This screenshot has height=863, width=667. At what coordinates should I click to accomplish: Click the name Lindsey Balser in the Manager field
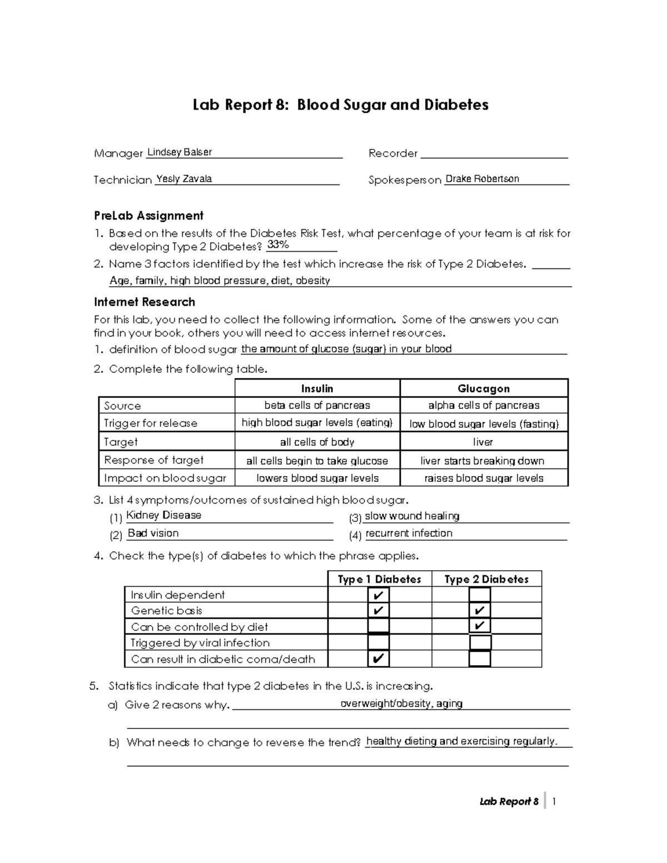179,152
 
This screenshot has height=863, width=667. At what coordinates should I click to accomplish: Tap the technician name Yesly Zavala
183,179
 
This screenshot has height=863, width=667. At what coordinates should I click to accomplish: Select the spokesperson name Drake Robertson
482,179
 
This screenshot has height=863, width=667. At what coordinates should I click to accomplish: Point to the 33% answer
277,245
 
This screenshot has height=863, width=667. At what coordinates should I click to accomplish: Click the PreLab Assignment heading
148,216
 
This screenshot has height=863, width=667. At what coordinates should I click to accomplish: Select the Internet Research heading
145,302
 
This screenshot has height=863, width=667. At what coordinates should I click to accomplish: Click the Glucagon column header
483,388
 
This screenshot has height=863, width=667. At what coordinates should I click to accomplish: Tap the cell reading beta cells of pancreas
317,405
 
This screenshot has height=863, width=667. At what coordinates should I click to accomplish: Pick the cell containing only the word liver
483,442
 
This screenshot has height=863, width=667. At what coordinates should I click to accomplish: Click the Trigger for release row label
150,423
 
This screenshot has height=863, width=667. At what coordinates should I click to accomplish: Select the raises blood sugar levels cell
483,478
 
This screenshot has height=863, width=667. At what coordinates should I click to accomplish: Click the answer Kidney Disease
163,515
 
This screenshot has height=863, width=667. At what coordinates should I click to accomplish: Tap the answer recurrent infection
409,533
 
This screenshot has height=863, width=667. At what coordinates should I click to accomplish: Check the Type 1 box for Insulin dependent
379,595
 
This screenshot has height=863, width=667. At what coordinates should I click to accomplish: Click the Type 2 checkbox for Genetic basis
479,611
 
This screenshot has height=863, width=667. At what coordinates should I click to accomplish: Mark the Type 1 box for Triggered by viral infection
379,642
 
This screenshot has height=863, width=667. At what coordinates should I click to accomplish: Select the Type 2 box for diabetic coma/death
479,659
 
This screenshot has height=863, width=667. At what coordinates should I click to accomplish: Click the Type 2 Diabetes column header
486,579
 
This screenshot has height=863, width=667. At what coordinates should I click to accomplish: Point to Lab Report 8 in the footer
509,801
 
